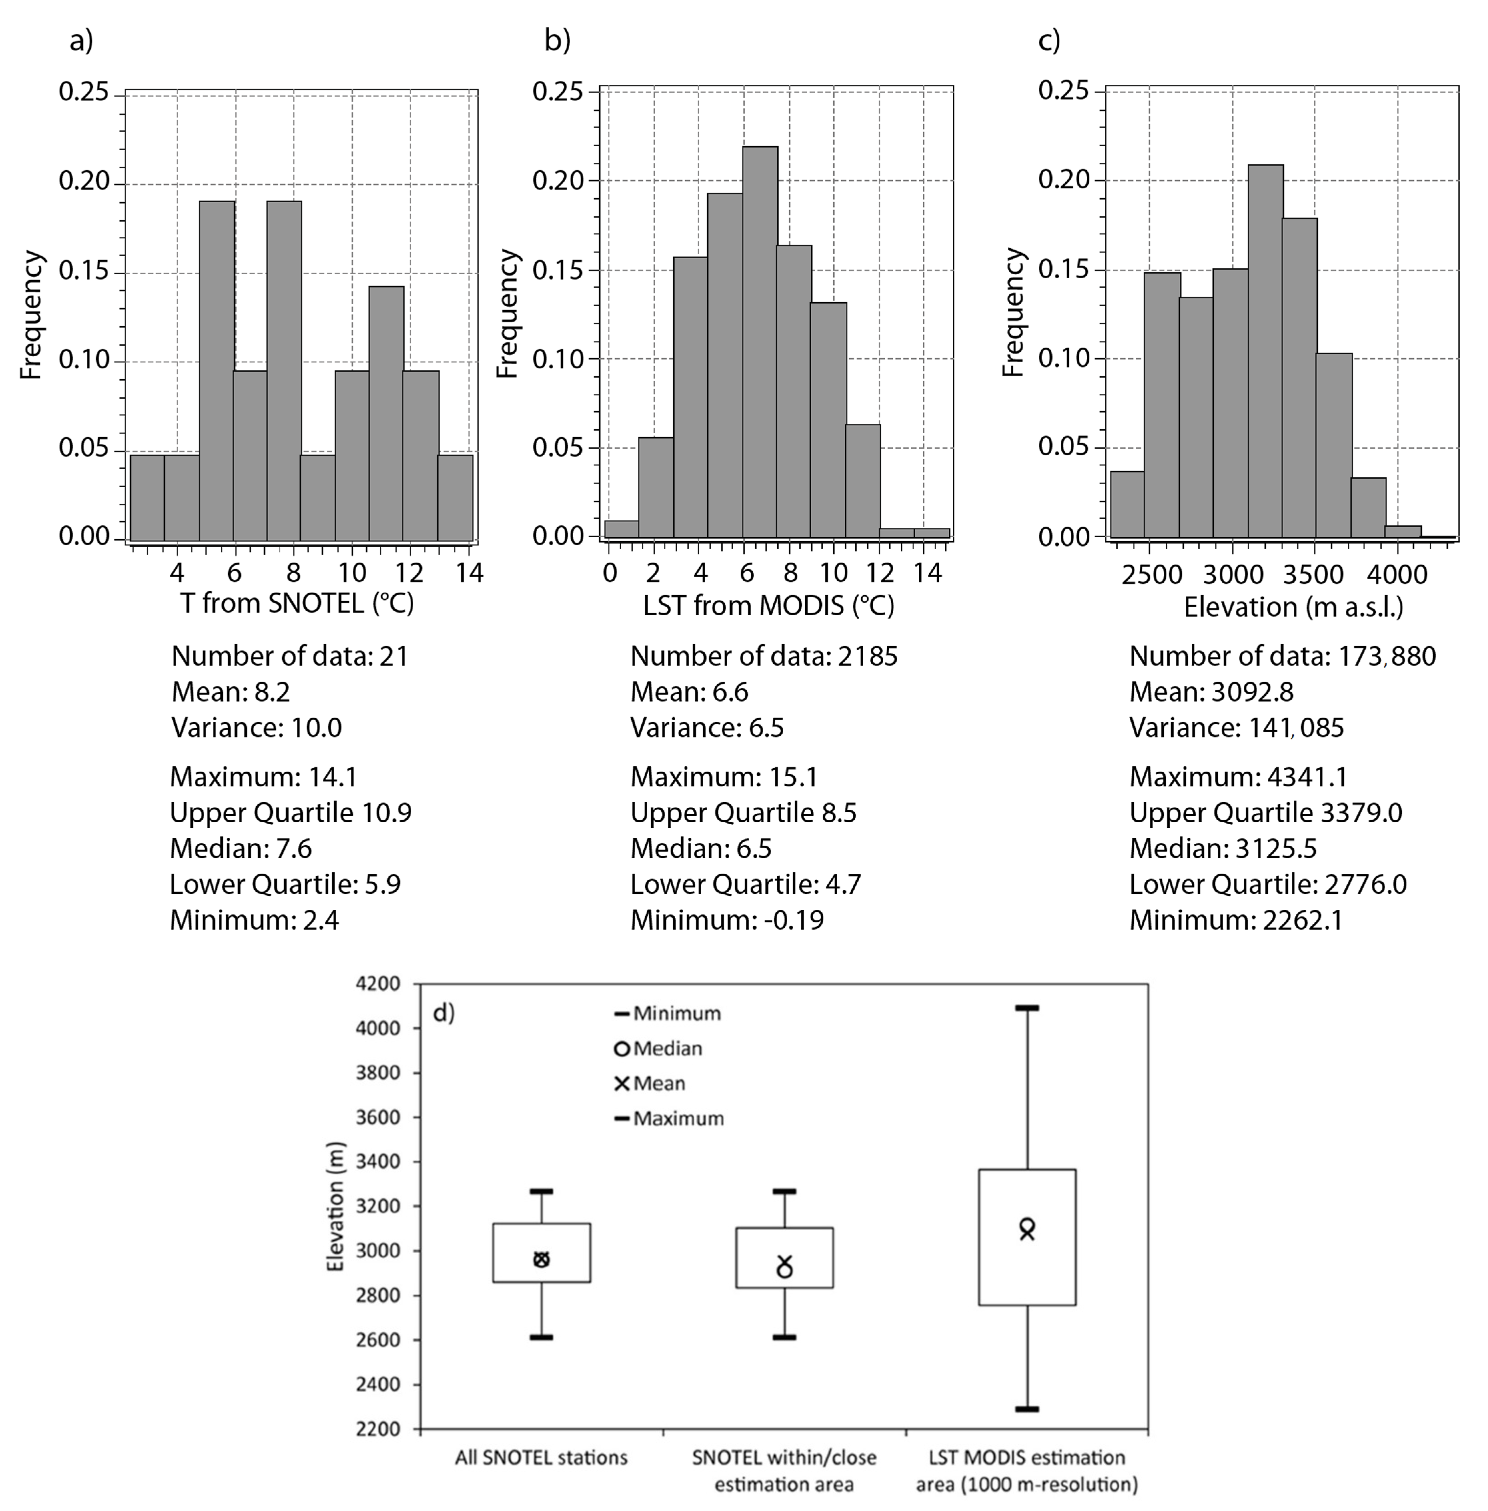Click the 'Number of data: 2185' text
click(x=764, y=656)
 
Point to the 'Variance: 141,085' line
click(x=1236, y=728)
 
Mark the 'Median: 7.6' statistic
click(x=241, y=848)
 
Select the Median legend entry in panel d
click(x=659, y=1048)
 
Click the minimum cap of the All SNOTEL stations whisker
click(x=541, y=1337)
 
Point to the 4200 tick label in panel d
click(x=377, y=983)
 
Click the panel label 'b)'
click(x=557, y=41)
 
